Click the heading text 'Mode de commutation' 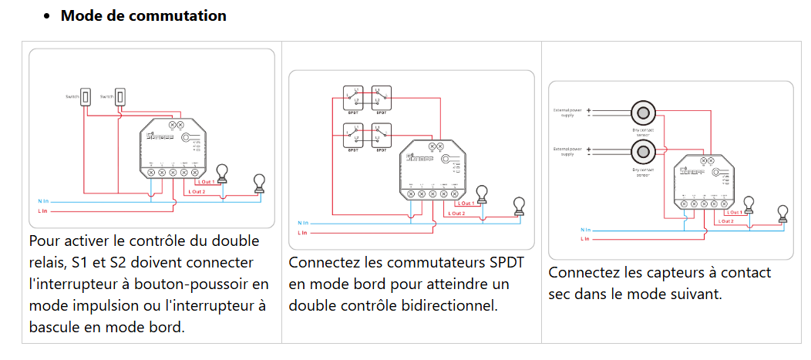coord(143,15)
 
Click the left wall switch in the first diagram coord(87,97)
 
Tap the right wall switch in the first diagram coord(120,97)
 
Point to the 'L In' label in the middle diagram coord(303,232)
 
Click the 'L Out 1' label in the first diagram coord(206,181)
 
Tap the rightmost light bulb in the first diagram coord(260,183)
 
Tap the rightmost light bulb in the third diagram coord(782,212)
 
